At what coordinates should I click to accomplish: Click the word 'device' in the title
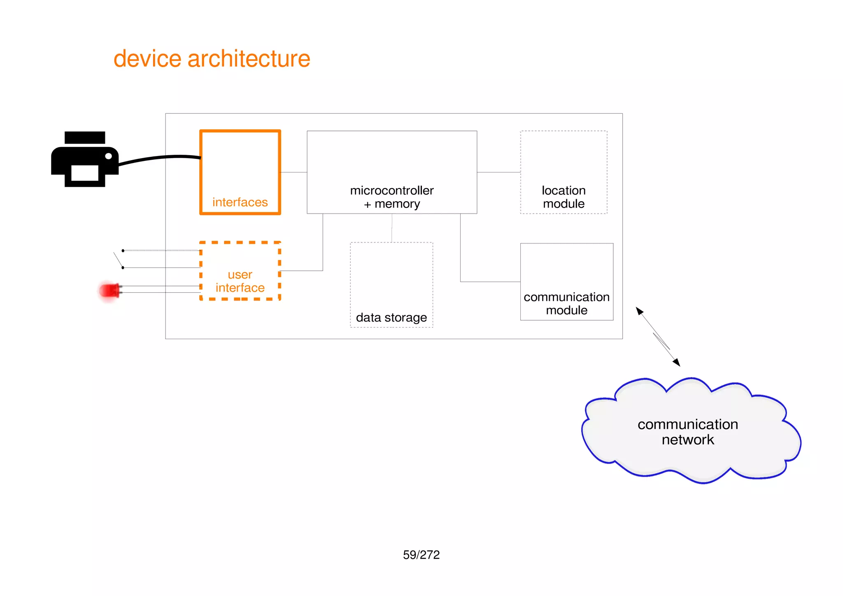pyautogui.click(x=147, y=59)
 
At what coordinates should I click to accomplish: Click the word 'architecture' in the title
pyautogui.click(x=249, y=59)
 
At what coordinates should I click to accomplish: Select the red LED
pyautogui.click(x=109, y=291)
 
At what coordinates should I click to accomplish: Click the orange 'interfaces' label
pyautogui.click(x=240, y=202)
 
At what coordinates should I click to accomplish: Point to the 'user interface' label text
pyautogui.click(x=240, y=281)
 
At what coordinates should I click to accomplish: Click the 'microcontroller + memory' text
pyautogui.click(x=392, y=197)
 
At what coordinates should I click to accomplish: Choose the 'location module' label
pyautogui.click(x=564, y=197)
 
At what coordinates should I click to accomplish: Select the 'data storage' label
pyautogui.click(x=391, y=317)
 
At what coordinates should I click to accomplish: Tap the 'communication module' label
pyautogui.click(x=566, y=303)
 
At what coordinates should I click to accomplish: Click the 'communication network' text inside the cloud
pyautogui.click(x=687, y=432)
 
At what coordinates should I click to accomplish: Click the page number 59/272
pyautogui.click(x=421, y=555)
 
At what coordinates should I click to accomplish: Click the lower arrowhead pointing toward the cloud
pyautogui.click(x=676, y=362)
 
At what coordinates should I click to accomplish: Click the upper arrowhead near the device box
pyautogui.click(x=639, y=311)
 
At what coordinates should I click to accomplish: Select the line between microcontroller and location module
pyautogui.click(x=498, y=172)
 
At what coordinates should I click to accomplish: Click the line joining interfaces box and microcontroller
pyautogui.click(x=294, y=172)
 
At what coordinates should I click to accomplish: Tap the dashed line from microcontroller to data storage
pyautogui.click(x=392, y=228)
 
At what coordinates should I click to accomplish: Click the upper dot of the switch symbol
pyautogui.click(x=123, y=251)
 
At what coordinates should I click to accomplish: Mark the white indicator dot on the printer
pyautogui.click(x=109, y=156)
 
